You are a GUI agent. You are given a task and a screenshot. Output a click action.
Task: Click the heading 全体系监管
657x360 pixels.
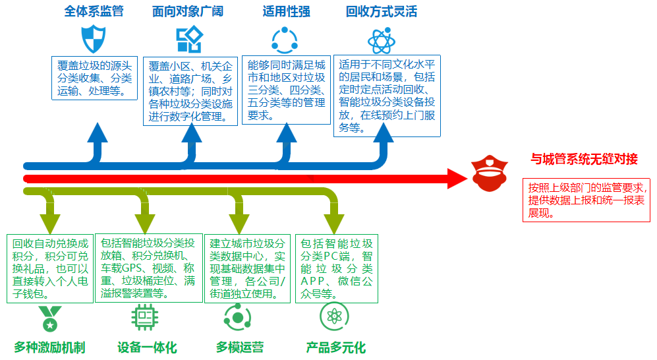click(94, 12)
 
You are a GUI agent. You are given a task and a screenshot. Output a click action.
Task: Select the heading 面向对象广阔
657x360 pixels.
click(188, 12)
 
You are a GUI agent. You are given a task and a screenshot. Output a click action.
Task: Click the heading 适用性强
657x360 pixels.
click(286, 12)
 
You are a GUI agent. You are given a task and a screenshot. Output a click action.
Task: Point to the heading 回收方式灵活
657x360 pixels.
click(381, 12)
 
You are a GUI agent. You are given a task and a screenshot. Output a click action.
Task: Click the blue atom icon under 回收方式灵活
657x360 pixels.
click(382, 40)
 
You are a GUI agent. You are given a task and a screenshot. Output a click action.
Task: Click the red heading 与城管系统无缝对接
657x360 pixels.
click(585, 159)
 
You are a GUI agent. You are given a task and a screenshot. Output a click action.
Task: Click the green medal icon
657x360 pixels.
click(49, 318)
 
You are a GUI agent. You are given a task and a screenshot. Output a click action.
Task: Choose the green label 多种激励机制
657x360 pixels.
click(49, 347)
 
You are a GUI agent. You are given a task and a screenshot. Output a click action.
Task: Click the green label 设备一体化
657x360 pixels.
click(147, 347)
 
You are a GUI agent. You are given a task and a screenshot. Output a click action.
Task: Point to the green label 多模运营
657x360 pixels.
click(240, 347)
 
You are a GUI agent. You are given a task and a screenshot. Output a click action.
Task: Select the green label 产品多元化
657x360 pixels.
click(335, 347)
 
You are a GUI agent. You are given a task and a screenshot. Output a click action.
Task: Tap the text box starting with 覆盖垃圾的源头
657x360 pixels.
click(94, 78)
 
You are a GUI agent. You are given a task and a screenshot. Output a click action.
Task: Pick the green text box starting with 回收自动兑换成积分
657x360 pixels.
click(49, 268)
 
